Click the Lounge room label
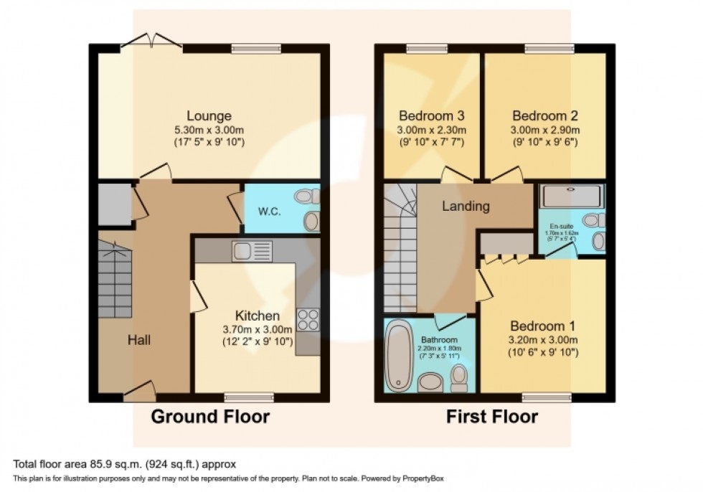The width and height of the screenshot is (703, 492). point(209,115)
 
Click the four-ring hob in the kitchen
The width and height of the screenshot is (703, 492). point(308,319)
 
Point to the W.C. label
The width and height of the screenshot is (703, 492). point(268,213)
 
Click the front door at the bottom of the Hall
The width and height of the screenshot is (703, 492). point(139,391)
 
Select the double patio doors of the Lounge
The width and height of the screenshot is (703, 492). point(151,42)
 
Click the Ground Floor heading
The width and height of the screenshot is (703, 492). point(210,417)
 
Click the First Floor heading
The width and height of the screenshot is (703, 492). point(492,417)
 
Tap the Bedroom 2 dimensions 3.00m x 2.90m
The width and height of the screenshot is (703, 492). point(545,130)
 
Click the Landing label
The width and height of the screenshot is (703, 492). point(466,207)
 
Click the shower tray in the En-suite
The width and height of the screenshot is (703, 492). point(571,196)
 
